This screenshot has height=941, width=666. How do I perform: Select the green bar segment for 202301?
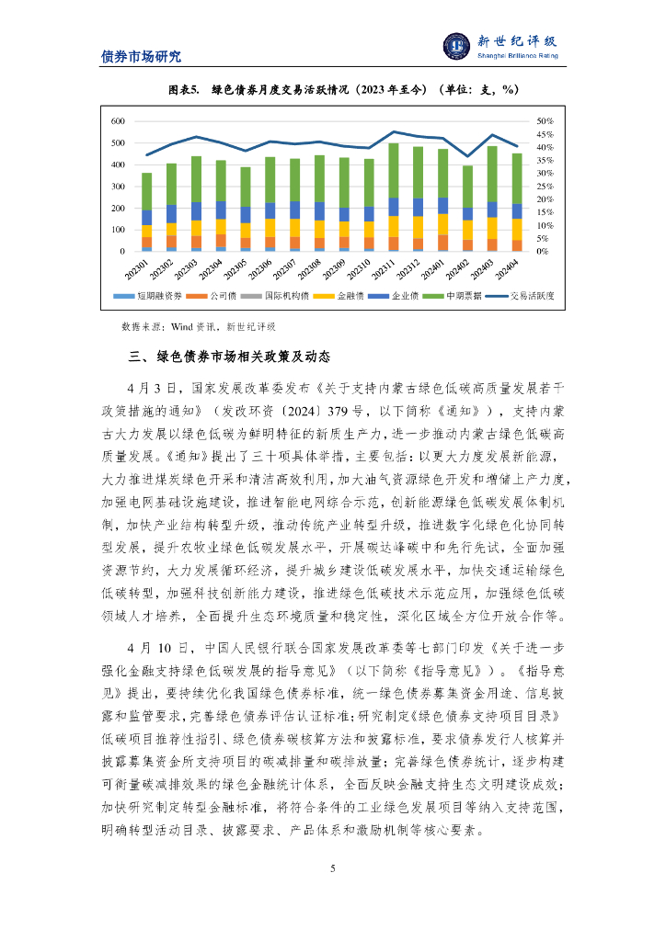pos(146,191)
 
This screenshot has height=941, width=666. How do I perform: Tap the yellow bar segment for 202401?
pos(443,224)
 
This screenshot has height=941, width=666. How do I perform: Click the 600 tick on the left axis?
pos(118,121)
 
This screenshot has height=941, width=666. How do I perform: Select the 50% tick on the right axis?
pos(545,121)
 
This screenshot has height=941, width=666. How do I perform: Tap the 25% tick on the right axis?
pos(545,187)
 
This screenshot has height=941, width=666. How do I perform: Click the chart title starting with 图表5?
pos(332,89)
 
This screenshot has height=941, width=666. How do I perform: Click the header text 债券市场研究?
pos(141,56)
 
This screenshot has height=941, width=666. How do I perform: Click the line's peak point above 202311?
pos(394,132)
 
